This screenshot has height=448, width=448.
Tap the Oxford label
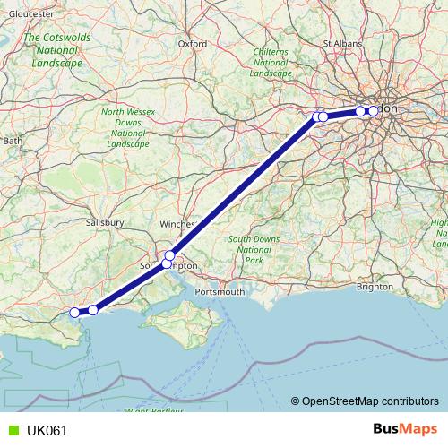point(192,42)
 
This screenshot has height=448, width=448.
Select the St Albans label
point(340,42)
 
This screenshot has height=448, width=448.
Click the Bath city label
point(13,141)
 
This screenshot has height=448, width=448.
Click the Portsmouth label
point(220,292)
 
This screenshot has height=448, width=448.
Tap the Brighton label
point(374,287)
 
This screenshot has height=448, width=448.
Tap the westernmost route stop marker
point(75,313)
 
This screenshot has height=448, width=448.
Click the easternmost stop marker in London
point(373,111)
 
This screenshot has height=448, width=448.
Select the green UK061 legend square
point(12,431)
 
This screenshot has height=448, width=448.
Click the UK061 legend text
point(46,431)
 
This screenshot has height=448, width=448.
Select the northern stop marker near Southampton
point(169,255)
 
